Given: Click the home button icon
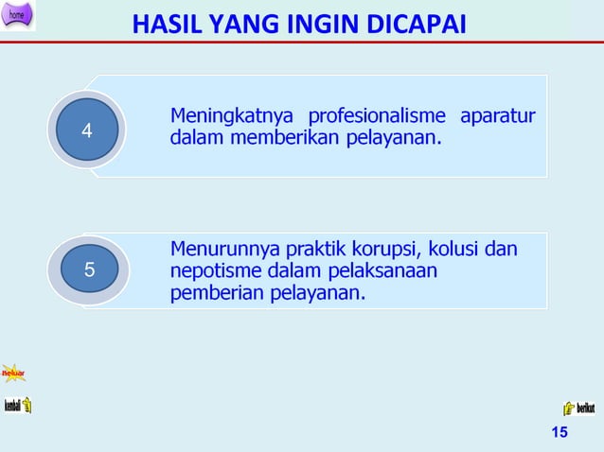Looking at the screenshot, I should pos(18,15).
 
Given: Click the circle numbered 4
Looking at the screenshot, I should pos(87,131).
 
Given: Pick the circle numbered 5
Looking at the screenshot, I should pos(89,269).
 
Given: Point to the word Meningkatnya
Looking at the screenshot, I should pos(227,118).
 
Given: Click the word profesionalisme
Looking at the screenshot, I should pos(373,118).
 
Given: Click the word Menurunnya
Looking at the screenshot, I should pos(223,251).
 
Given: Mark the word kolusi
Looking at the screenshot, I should pos(455,251).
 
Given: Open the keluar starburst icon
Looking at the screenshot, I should pos(13,374).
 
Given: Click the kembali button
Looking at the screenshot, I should pos(18,406).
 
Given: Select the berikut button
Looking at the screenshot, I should pos(578,409).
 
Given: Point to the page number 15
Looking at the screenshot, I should pos(559,433).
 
